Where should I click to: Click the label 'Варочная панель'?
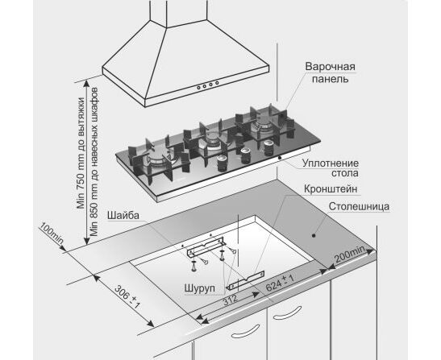pos(331,72)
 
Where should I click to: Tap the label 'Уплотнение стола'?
pos(331,168)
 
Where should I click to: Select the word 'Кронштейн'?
pos(331,188)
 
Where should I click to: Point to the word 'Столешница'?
pos(359,206)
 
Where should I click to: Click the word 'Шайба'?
pos(123,215)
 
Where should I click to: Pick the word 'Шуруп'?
pos(200,288)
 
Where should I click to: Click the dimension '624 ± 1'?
pos(280,283)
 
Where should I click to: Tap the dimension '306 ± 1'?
pos(127,296)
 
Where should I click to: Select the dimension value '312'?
pos(231,300)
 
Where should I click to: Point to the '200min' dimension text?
pos(350,254)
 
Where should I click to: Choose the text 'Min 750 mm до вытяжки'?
pos(81,152)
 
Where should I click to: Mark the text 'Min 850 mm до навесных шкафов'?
pos(94,161)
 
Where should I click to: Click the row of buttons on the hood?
pos(208,85)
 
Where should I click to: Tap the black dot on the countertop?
pos(314,235)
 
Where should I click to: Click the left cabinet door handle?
pos(245,330)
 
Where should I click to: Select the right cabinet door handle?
pos(287,312)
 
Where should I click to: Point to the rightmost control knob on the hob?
pos(269,147)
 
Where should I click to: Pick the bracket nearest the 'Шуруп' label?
pos(247,280)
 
